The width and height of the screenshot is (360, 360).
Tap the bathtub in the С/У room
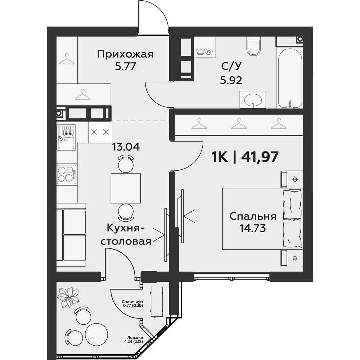click(x=290, y=78)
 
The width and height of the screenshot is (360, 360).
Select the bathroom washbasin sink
click(x=253, y=99)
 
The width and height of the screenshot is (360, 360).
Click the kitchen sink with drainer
click(x=66, y=137)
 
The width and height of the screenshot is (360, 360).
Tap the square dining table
click(x=126, y=188)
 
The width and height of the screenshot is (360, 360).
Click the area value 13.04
click(x=126, y=147)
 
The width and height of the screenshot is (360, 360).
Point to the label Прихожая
click(x=125, y=55)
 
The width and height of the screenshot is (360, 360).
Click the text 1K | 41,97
click(x=245, y=157)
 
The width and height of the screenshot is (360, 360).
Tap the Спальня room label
click(x=253, y=216)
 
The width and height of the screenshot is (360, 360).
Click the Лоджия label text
click(x=135, y=338)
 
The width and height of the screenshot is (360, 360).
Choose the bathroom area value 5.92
click(x=231, y=80)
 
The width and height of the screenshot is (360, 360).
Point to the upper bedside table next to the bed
click(x=292, y=179)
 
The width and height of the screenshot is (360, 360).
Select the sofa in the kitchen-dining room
click(x=71, y=235)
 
